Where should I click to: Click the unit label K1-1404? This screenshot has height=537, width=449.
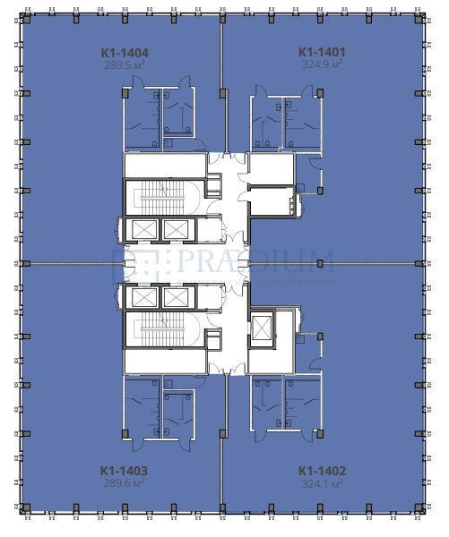[124, 53]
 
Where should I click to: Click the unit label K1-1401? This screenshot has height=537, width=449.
[322, 53]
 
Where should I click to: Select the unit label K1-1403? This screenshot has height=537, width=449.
[124, 470]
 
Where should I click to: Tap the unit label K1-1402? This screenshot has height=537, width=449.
[322, 470]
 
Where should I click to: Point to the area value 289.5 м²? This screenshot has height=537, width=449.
[124, 65]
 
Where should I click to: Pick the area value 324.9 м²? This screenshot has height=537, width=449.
[322, 65]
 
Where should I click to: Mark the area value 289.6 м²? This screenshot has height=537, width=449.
[124, 482]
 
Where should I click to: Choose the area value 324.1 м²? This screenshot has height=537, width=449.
[322, 482]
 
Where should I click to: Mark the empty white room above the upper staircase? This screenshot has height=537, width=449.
[164, 166]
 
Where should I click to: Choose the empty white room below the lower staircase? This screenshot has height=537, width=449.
[164, 361]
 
